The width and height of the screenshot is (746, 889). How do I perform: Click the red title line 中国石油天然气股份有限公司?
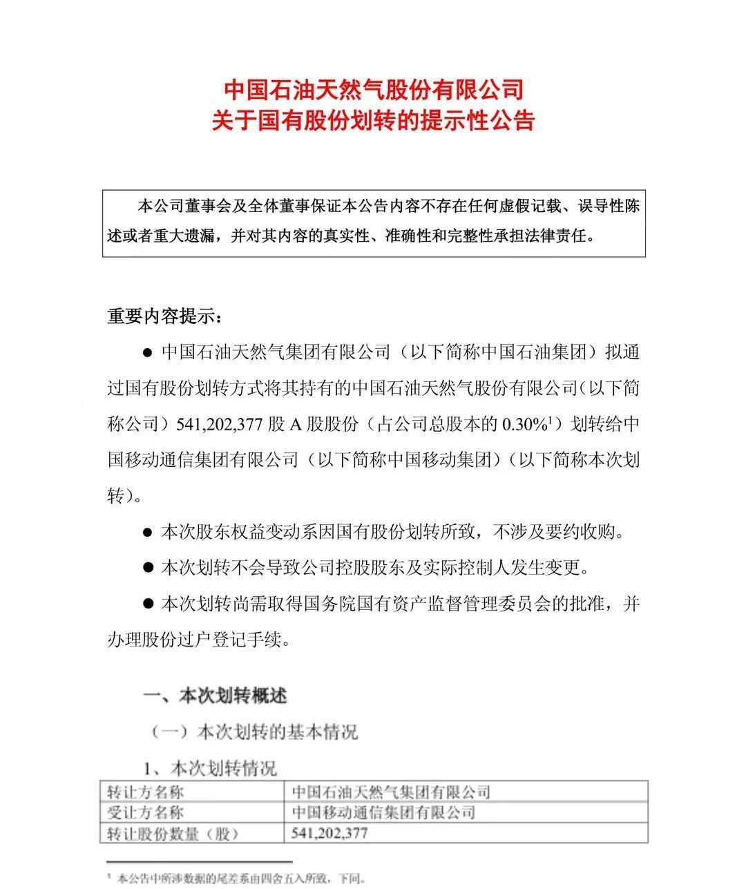[x=374, y=90]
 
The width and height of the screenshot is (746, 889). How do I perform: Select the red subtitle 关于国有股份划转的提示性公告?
[x=374, y=121]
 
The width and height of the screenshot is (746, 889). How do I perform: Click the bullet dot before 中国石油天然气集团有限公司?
[x=146, y=353]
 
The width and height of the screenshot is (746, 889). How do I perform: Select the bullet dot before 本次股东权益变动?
[x=146, y=533]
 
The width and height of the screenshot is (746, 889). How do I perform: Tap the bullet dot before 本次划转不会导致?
[x=146, y=568]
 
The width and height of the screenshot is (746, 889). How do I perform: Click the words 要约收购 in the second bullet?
[x=586, y=533]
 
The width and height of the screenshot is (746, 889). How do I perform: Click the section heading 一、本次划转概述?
[x=214, y=695]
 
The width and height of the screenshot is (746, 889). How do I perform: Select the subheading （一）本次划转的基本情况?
[x=254, y=732]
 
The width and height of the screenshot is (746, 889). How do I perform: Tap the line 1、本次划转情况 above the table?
[x=209, y=767]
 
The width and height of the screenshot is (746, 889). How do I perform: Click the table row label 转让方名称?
[x=146, y=792]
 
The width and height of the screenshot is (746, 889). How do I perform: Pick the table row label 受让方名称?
[x=146, y=812]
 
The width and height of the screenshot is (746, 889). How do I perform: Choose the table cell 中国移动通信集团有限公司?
[x=384, y=812]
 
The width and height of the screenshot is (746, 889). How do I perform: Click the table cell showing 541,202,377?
[x=330, y=833]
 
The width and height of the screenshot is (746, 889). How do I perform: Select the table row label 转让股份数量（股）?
[x=173, y=834]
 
